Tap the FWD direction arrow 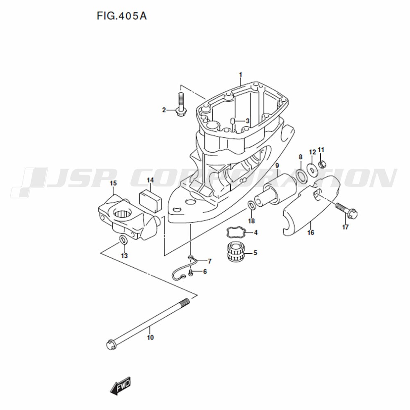point(120,385)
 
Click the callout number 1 point(241,75)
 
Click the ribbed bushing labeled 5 point(236,252)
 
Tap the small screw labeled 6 point(191,273)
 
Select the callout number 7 point(210,261)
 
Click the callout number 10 point(150,337)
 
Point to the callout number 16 point(311,232)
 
